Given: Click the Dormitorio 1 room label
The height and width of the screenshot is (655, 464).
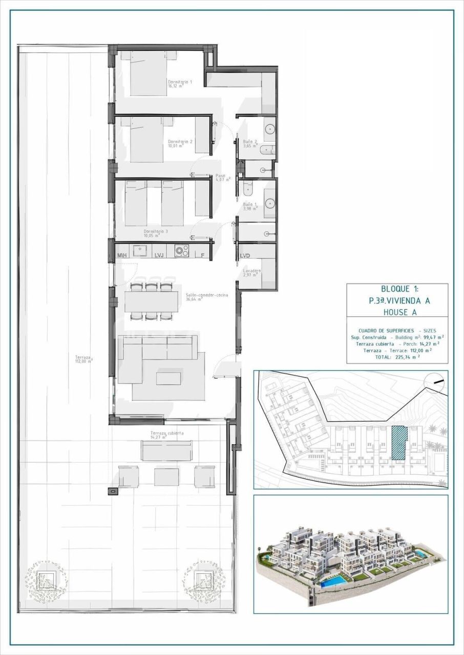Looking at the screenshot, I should click(180, 84).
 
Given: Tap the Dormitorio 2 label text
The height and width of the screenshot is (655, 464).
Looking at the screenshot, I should click(180, 144).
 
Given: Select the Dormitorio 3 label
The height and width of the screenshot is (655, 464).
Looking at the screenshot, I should click(156, 233).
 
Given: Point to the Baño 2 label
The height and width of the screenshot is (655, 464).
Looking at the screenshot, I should click(250, 143).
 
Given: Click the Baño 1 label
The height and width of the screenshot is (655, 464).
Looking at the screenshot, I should click(250, 206).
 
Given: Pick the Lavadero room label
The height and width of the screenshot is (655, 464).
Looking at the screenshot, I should click(252, 273).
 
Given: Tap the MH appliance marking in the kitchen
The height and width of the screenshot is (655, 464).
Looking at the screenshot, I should click(122, 255).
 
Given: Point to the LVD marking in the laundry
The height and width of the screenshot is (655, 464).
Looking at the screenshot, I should click(245, 255).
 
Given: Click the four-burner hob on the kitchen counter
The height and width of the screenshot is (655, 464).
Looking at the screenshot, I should click(181, 251).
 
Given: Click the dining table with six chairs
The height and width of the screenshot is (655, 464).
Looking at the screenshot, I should click(151, 302).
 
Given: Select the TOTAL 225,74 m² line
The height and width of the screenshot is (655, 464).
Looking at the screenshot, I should click(397, 358).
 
